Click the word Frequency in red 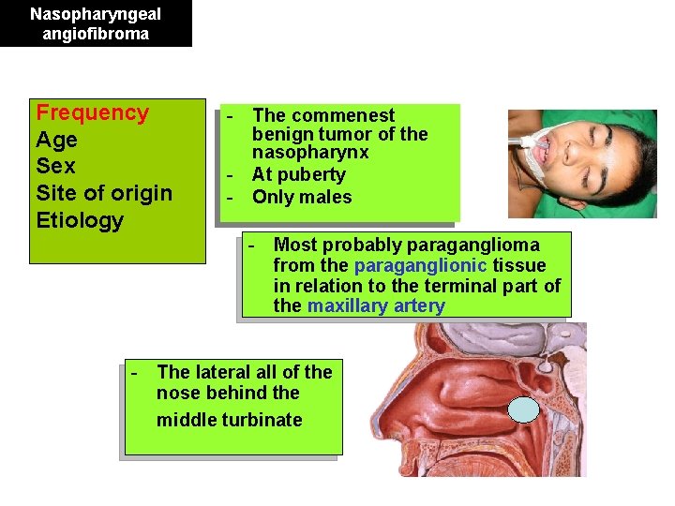[x=92, y=113]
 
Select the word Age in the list [x=56, y=141]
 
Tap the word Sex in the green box [x=55, y=167]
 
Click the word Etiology [x=80, y=221]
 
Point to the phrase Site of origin [x=104, y=194]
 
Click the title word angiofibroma [x=96, y=34]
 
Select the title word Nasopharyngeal [x=96, y=14]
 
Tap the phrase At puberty [x=298, y=174]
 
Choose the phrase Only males [x=302, y=197]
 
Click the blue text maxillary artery [x=376, y=306]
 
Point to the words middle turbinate [x=229, y=420]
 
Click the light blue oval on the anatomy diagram [x=523, y=409]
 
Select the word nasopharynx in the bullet [x=310, y=152]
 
